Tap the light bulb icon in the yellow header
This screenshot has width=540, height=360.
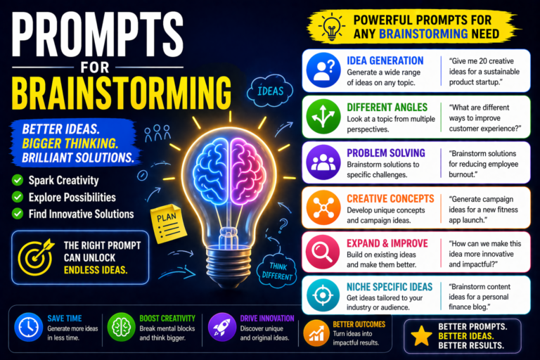tap(330, 26)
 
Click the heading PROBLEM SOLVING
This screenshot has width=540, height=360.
tap(385, 153)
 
